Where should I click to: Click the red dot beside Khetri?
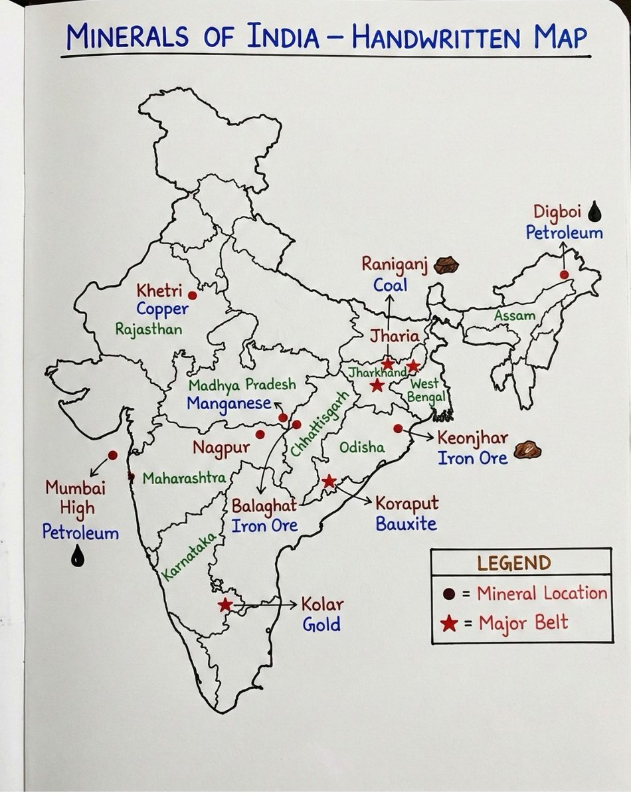[x=193, y=295]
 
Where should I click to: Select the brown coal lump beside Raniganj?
[x=446, y=264]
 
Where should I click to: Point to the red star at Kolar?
[x=226, y=605]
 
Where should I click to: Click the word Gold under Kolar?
[x=321, y=624]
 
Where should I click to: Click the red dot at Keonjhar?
[x=398, y=428]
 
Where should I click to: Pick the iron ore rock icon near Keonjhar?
[x=528, y=450]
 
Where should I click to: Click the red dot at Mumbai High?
[x=113, y=455]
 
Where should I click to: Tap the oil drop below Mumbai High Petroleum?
[x=78, y=557]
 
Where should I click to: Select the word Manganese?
[x=228, y=402]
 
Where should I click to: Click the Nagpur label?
[x=221, y=447]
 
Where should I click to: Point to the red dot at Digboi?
[x=564, y=274]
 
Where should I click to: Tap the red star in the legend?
[x=450, y=623]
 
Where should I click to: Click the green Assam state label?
[x=514, y=315]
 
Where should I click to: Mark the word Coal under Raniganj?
[x=390, y=285]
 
